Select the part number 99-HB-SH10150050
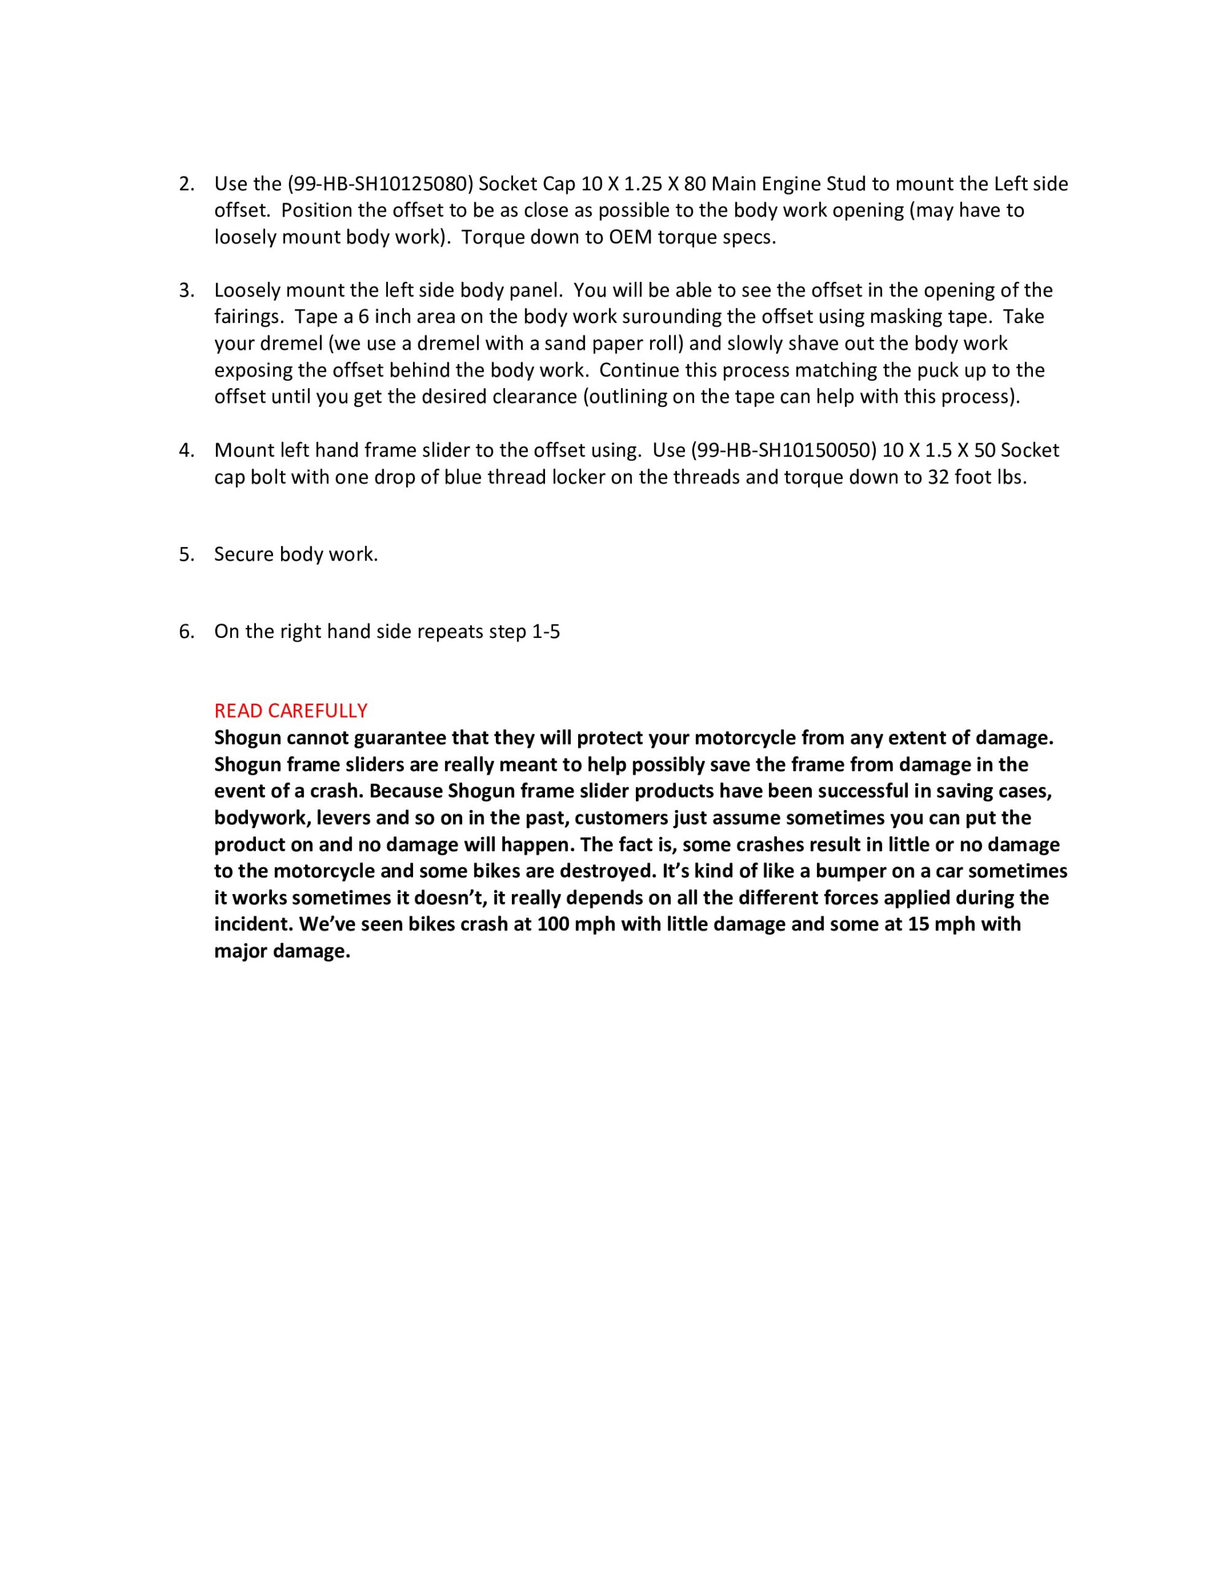pyautogui.click(x=783, y=451)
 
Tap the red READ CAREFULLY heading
pyautogui.click(x=291, y=711)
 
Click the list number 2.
pyautogui.click(x=187, y=184)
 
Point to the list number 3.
pyautogui.click(x=187, y=291)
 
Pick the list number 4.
pyautogui.click(x=187, y=451)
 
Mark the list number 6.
pyautogui.click(x=187, y=632)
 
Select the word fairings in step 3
pyautogui.click(x=245, y=317)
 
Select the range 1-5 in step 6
pyautogui.click(x=546, y=632)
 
